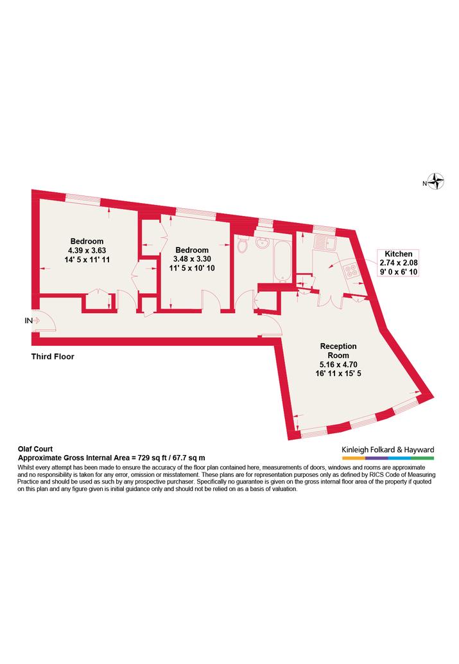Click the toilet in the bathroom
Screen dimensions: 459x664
pyautogui.click(x=243, y=245)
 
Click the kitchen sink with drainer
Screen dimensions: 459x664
pyautogui.click(x=325, y=242)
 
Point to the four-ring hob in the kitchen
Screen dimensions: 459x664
pyautogui.click(x=351, y=271)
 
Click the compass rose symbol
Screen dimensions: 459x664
pyautogui.click(x=435, y=182)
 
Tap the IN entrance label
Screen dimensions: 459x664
pyautogui.click(x=28, y=321)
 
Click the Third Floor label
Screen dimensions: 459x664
pyautogui.click(x=53, y=357)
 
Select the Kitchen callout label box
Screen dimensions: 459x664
pyautogui.click(x=399, y=262)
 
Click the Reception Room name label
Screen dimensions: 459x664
pyautogui.click(x=338, y=350)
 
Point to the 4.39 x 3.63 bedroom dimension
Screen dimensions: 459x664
pyautogui.click(x=87, y=250)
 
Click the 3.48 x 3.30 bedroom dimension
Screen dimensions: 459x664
pyautogui.click(x=192, y=259)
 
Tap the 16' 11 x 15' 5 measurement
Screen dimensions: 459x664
pyautogui.click(x=338, y=373)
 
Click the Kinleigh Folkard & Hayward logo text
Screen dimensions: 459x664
pyautogui.click(x=388, y=450)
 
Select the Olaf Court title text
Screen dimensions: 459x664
pyautogui.click(x=35, y=449)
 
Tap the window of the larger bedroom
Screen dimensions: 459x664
pyautogui.click(x=83, y=199)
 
